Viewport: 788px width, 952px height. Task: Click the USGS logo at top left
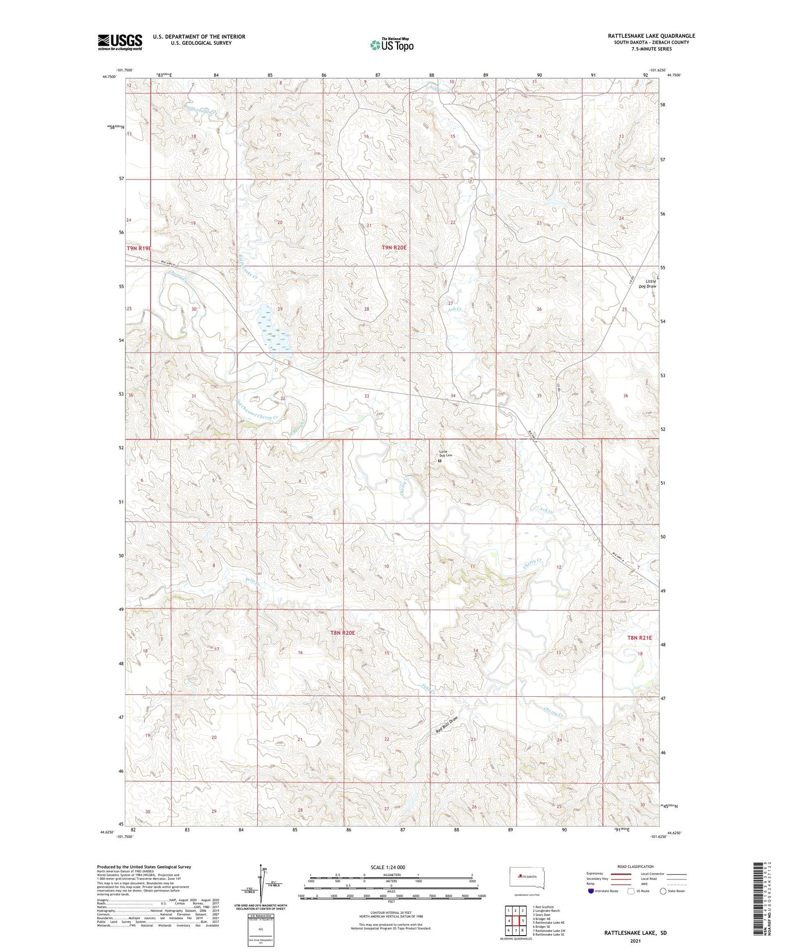coord(120,42)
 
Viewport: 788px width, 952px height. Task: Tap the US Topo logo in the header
coord(391,45)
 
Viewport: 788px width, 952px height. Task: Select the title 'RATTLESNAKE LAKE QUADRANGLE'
coord(651,36)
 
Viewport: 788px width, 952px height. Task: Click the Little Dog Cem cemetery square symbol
coord(440,461)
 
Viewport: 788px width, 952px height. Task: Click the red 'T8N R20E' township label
coord(343,633)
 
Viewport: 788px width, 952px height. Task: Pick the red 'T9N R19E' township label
coord(139,248)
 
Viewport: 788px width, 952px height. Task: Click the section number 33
coord(366,396)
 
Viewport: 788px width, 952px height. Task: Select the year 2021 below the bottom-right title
coord(635,941)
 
